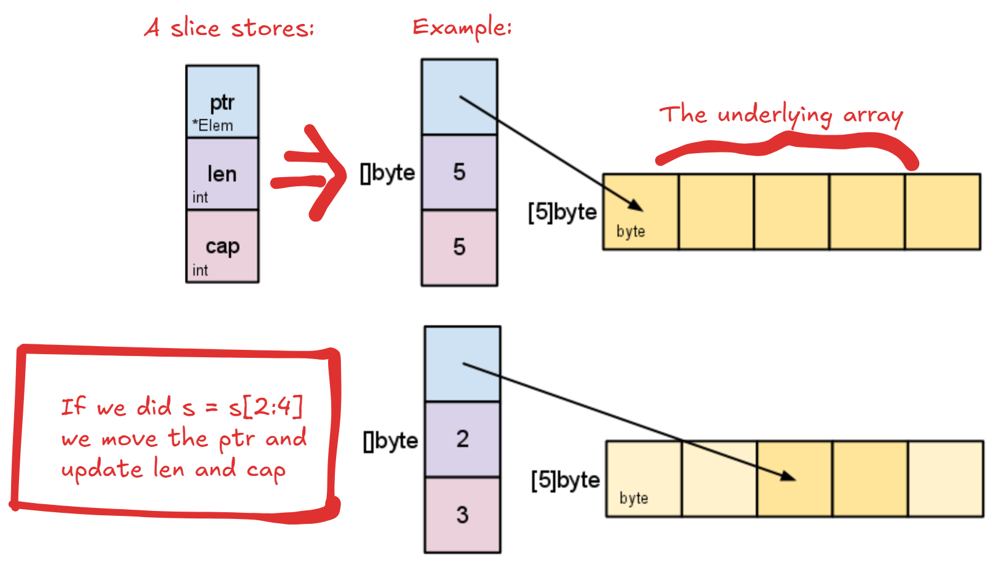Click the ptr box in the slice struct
pos(222,102)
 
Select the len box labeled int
pos(222,174)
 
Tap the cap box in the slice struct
pos(222,247)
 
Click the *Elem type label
pos(213,126)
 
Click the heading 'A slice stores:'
pos(229,28)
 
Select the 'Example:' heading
pos(462,28)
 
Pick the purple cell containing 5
pos(459,172)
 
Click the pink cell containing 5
pos(459,247)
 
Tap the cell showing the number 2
pos(462,439)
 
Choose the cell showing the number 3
pos(462,515)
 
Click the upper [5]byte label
pos(562,212)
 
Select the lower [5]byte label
pos(565,480)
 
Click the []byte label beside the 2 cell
pos(391,441)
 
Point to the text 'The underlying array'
pos(781,115)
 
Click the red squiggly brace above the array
pos(786,146)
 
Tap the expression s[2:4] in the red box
pos(265,406)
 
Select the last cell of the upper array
pos(943,212)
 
